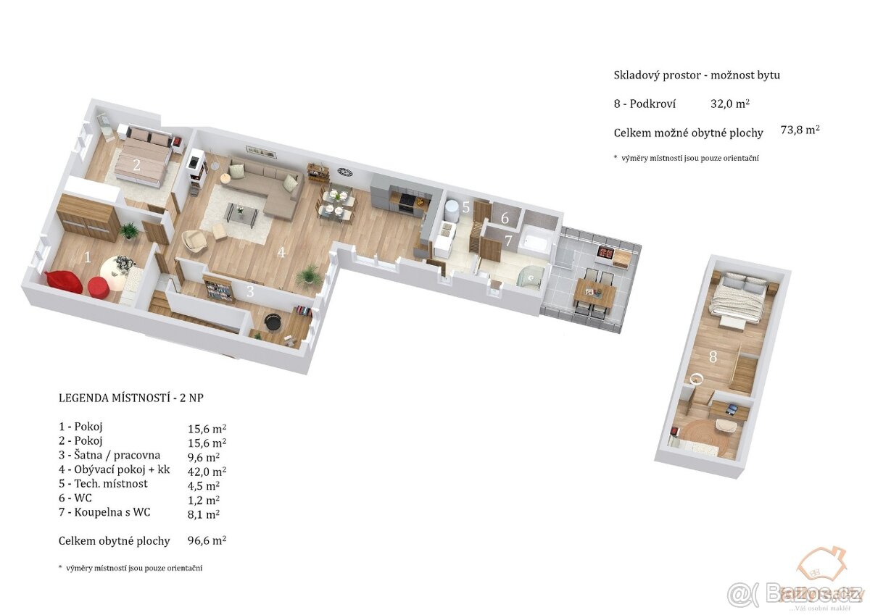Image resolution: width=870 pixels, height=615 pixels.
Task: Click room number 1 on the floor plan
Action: coord(88,256)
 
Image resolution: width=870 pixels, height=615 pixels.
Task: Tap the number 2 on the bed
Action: coord(136,164)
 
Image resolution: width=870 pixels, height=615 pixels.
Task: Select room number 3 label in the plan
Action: coord(250,292)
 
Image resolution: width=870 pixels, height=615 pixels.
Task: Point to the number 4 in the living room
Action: coord(281,253)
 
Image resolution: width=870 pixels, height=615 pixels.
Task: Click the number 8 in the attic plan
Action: coord(713,356)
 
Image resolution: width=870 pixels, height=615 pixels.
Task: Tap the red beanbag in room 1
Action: coord(64,282)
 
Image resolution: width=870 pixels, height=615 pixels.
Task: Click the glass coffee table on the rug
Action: coord(241,212)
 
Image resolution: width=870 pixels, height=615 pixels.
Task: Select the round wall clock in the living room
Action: coord(344,172)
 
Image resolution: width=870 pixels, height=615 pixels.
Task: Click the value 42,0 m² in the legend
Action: coord(204,469)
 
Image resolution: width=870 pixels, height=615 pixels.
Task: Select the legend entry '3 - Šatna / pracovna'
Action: coord(109,455)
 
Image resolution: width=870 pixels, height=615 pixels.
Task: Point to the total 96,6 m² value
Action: coord(207,540)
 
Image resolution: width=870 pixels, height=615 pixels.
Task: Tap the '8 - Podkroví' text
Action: coord(645,104)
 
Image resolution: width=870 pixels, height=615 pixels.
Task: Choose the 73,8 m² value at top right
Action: coord(800,130)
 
